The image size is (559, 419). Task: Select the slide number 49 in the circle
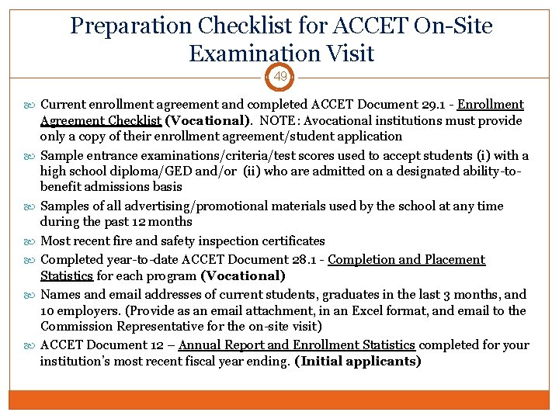pos(279,77)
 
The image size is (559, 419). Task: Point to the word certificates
pos(292,241)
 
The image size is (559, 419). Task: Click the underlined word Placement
pos(455,260)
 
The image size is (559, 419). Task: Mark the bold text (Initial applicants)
pos(358,361)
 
